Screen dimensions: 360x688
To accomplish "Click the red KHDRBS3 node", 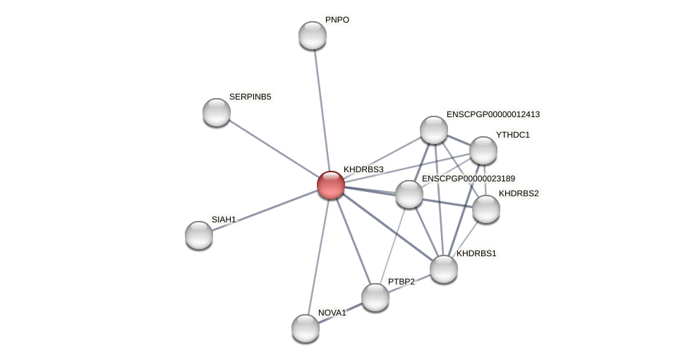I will coord(330,185).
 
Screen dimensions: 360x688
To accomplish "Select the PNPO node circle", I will coord(312,35).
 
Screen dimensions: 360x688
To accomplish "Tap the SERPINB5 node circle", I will coord(217,112).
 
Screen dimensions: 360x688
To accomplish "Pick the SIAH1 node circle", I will coord(199,234).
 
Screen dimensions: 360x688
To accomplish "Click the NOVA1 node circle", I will coord(306,328).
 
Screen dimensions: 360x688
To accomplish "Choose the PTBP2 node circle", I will coord(375,297).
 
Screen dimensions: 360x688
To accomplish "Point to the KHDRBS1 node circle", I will coord(444,268).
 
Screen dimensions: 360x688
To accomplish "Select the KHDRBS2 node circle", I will coord(486,209).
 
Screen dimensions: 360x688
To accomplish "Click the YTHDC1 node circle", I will coord(483,150).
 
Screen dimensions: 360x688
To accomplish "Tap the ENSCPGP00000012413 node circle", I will coord(434,130).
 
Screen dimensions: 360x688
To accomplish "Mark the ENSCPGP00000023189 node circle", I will coord(409,194).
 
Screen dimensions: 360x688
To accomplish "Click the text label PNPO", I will coord(337,20).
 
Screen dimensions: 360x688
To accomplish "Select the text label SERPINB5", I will coord(250,97).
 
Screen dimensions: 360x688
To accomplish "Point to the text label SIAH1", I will coord(224,220).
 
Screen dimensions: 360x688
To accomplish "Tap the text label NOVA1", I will coord(332,313).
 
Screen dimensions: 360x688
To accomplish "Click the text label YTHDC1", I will coord(512,135).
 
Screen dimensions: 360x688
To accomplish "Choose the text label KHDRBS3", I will coord(363,169).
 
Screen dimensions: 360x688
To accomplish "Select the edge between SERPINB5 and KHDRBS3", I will coord(273,148).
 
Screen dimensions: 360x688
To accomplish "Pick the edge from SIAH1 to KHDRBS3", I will coord(265,210).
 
